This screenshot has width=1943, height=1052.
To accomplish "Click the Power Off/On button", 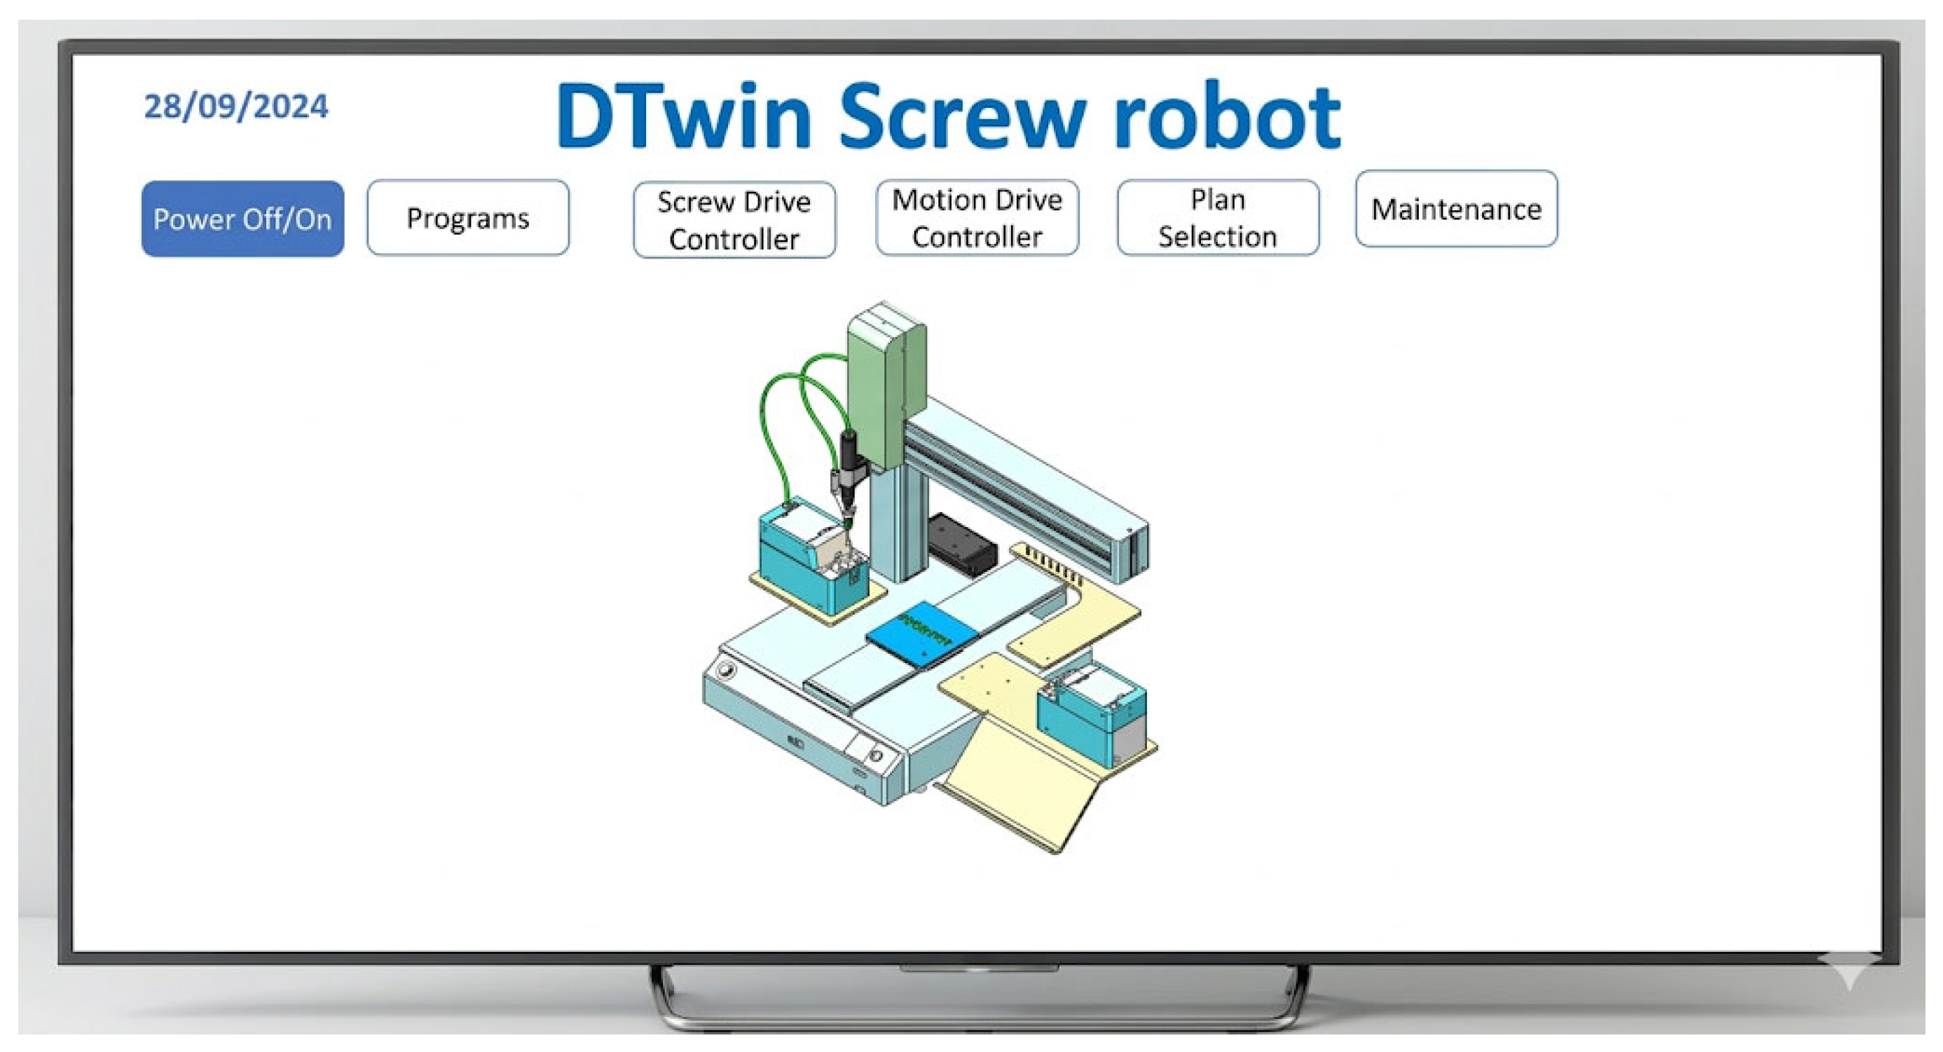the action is point(242,219).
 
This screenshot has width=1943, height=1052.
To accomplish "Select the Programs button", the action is point(467,218).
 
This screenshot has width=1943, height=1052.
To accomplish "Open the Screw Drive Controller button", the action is point(734,220).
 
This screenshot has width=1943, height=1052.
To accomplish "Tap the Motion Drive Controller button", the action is point(977,218).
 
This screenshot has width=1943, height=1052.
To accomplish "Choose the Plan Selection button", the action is point(1217,218).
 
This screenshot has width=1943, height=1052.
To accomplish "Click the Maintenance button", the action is point(1456,209).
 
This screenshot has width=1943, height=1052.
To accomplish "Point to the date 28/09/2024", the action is point(236,107).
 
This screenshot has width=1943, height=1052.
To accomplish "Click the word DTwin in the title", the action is point(682,117).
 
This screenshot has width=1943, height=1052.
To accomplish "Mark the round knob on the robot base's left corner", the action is point(725,669).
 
